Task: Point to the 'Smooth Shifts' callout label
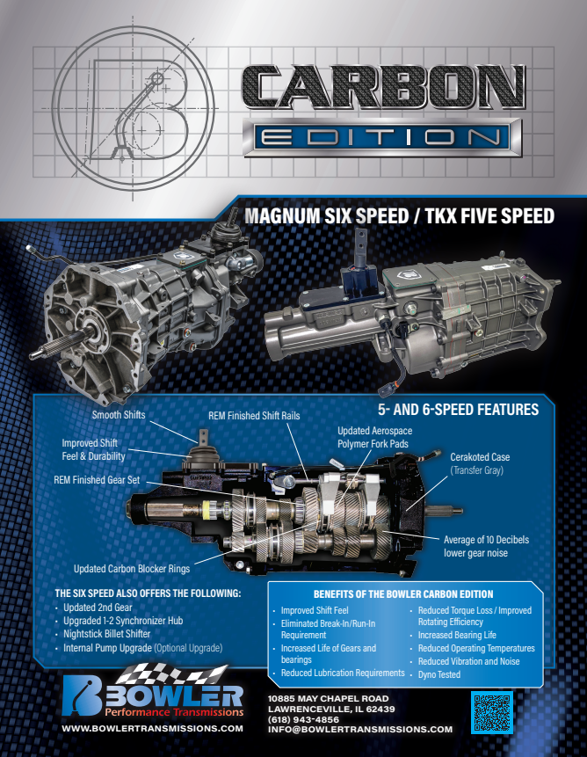119,414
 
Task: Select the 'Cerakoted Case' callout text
480,457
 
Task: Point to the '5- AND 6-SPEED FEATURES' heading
457,410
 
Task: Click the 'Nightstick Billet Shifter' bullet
106,634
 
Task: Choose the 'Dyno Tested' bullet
439,674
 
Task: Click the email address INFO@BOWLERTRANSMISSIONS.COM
360,729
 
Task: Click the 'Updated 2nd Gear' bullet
97,608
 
